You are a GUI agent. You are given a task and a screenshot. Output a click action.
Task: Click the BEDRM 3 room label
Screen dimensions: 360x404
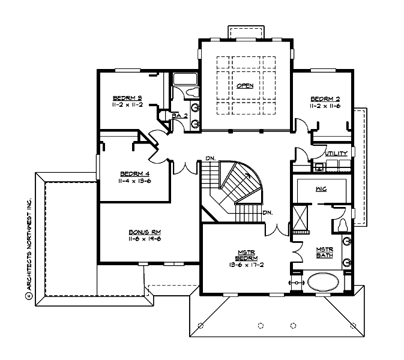pyautogui.click(x=127, y=98)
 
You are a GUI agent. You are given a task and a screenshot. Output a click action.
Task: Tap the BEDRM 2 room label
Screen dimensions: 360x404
pyautogui.click(x=325, y=99)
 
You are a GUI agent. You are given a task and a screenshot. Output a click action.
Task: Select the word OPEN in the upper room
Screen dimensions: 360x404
pyautogui.click(x=245, y=86)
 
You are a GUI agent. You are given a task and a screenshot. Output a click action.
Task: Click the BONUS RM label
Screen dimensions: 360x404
pyautogui.click(x=144, y=232)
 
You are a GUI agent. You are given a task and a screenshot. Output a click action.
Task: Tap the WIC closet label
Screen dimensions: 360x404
pyautogui.click(x=321, y=188)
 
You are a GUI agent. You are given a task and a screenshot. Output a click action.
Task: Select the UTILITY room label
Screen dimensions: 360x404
pyautogui.click(x=336, y=154)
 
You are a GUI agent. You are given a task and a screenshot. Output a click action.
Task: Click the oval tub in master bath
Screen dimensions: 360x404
pyautogui.click(x=324, y=282)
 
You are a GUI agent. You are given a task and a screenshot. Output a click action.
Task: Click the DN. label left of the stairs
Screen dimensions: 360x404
pyautogui.click(x=209, y=158)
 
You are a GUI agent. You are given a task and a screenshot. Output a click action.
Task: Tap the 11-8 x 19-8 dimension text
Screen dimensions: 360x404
pyautogui.click(x=144, y=239)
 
